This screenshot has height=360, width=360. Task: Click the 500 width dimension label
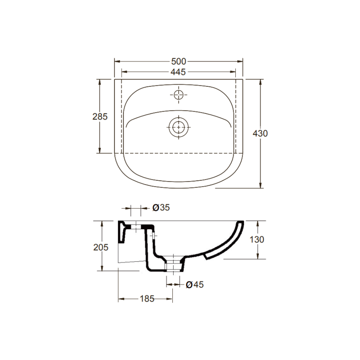179,61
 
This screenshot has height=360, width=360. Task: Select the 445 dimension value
179,72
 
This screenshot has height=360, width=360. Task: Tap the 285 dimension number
100,116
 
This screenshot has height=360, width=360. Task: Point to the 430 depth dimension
260,133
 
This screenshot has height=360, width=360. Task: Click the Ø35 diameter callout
161,208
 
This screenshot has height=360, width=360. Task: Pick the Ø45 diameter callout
195,284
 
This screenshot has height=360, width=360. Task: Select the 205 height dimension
100,247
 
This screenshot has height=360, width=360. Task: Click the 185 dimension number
147,298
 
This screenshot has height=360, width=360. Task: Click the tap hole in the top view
178,95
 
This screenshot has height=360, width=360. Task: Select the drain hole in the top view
178,127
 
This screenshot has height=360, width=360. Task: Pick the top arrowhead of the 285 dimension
100,81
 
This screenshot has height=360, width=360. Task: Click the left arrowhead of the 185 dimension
120,298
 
